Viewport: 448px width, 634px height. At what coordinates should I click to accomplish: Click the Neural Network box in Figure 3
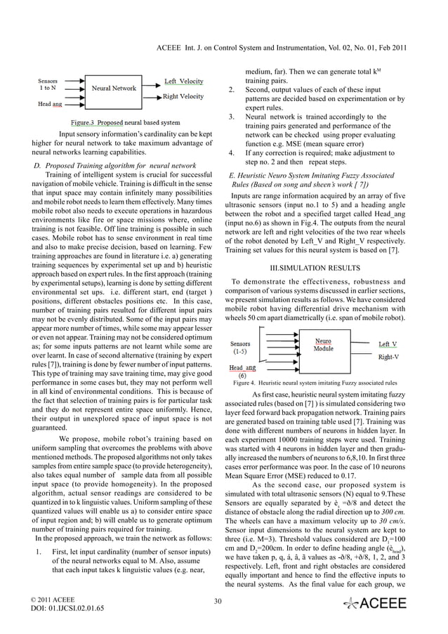point(114,89)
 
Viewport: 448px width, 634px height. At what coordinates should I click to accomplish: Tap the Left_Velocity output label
point(184,81)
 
